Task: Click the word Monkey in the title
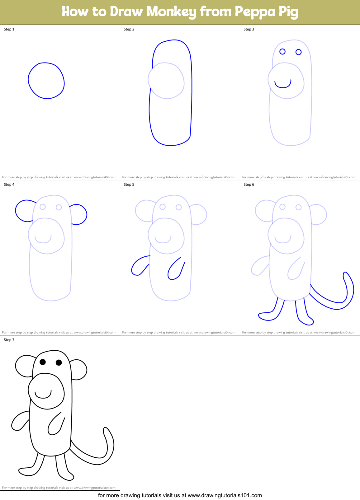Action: pyautogui.click(x=171, y=12)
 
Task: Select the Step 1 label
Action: pyautogui.click(x=9, y=29)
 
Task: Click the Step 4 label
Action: pyautogui.click(x=9, y=185)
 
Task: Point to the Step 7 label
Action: pyautogui.click(x=9, y=340)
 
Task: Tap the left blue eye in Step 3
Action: pyautogui.click(x=282, y=51)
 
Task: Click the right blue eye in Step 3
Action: pyautogui.click(x=298, y=52)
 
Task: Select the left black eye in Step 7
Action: pyautogui.click(x=43, y=362)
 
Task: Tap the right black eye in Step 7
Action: pyautogui.click(x=59, y=362)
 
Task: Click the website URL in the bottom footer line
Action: pyautogui.click(x=225, y=495)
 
